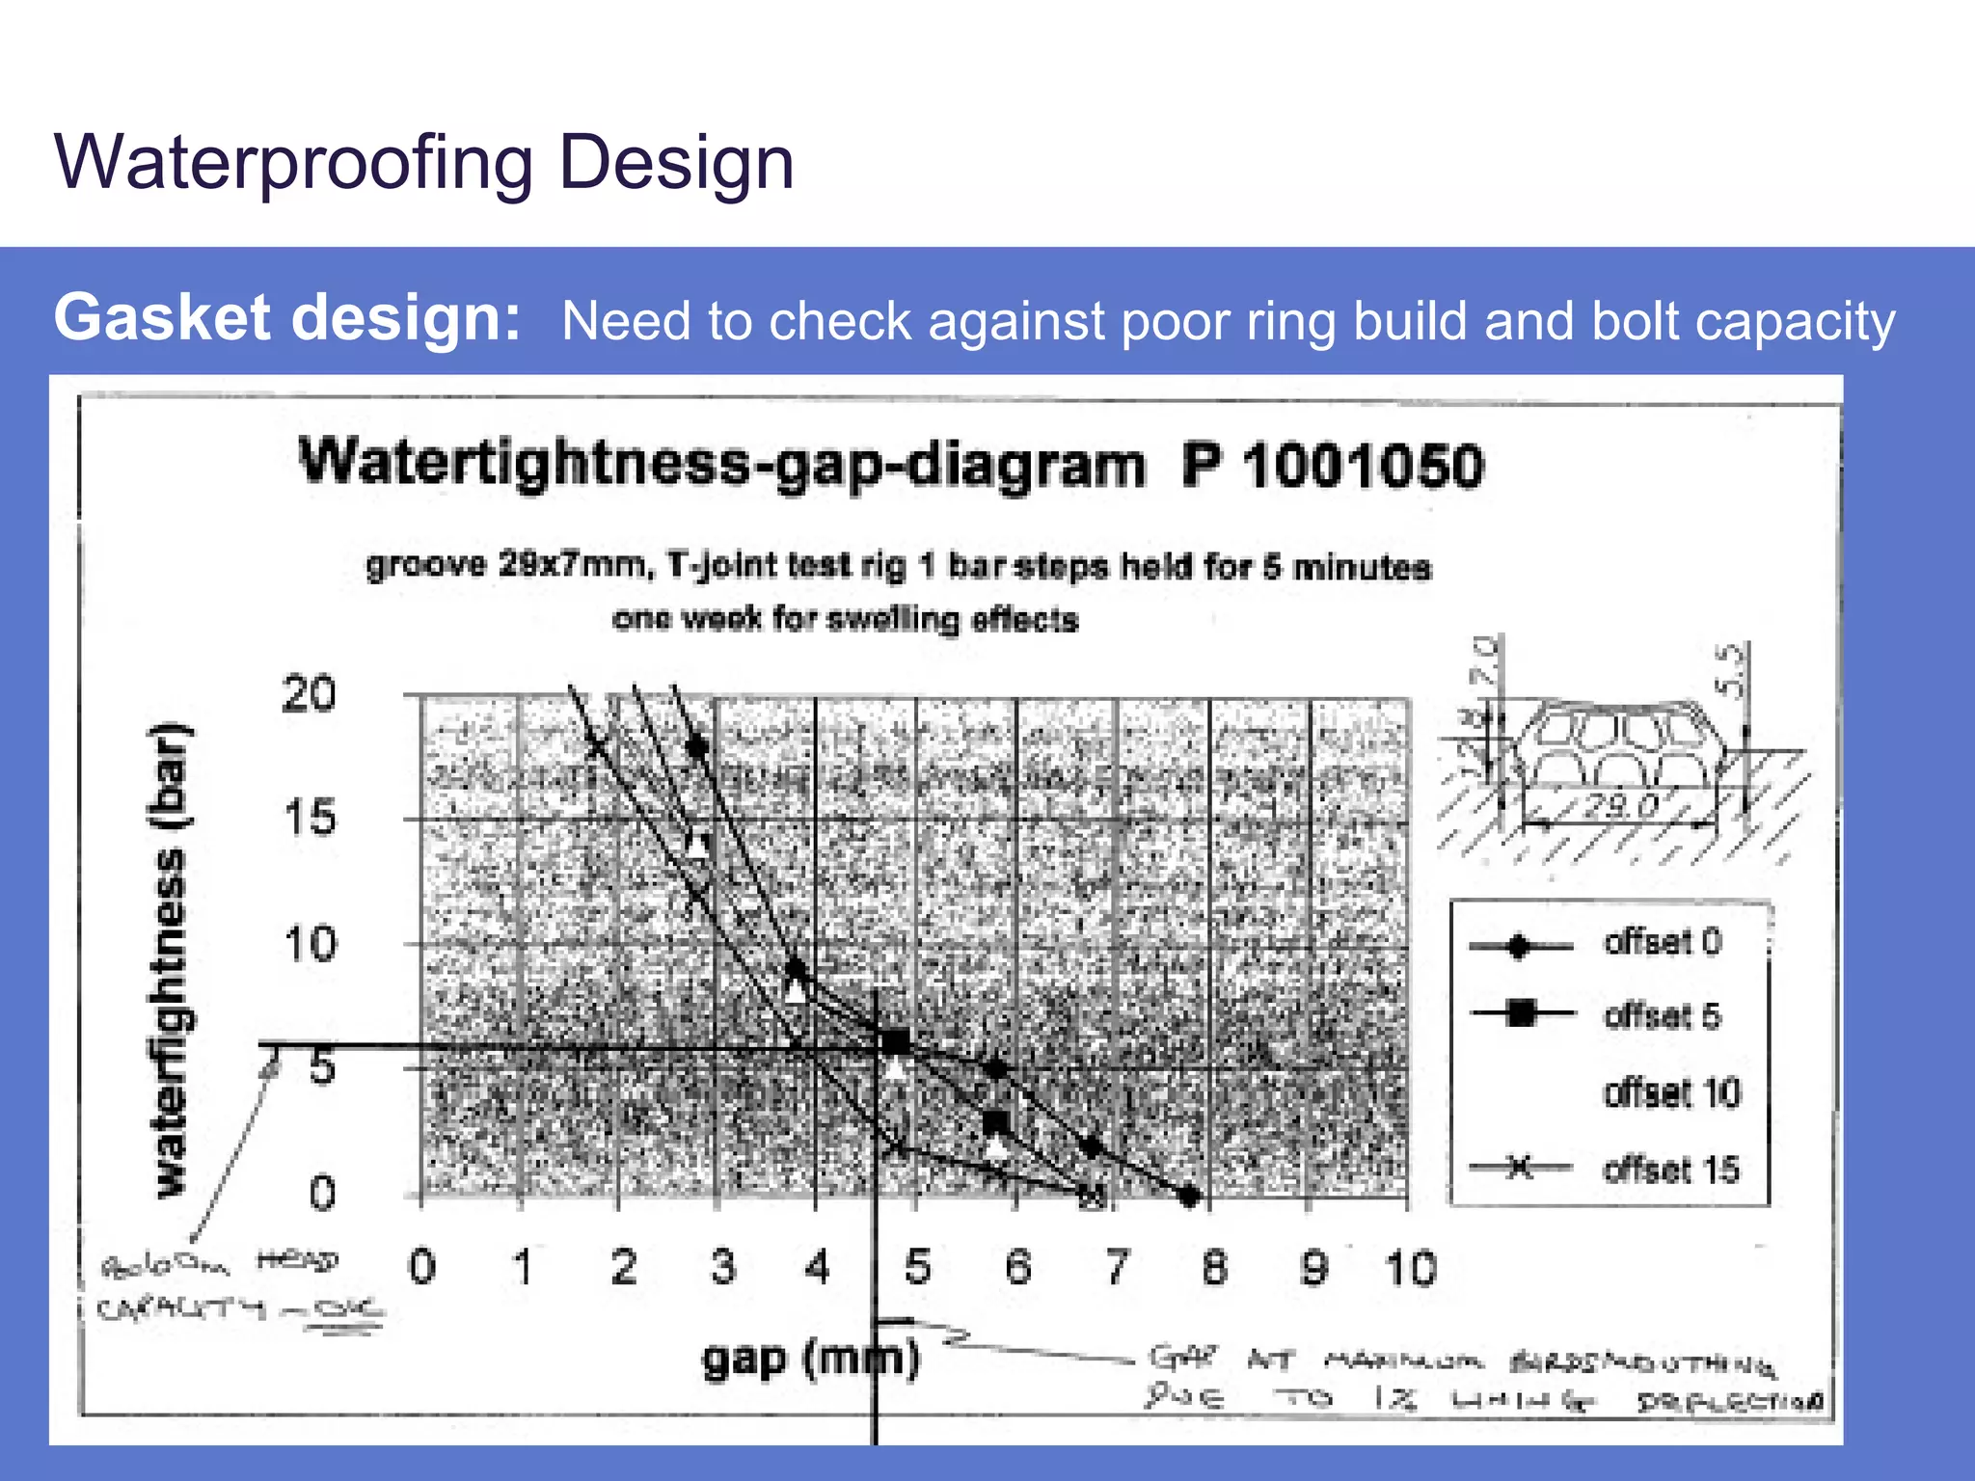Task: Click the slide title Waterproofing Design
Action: pos(424,162)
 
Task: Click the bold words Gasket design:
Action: pos(287,318)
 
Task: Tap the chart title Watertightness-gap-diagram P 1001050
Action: pos(890,465)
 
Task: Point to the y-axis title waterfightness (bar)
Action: pos(172,959)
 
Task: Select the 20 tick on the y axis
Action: pos(309,694)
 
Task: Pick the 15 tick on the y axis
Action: pos(310,819)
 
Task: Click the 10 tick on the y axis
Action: pos(310,944)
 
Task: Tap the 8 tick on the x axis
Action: pos(1214,1267)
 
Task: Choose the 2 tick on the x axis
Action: pos(623,1267)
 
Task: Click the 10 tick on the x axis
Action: pos(1410,1268)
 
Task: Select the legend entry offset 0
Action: pos(1662,942)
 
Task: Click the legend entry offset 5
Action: pos(1662,1016)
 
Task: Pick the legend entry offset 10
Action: pos(1671,1093)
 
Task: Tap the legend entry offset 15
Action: pos(1671,1170)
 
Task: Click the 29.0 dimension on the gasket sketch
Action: pos(1620,805)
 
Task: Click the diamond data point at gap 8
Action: pos(1190,1197)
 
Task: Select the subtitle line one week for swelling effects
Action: pos(845,618)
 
